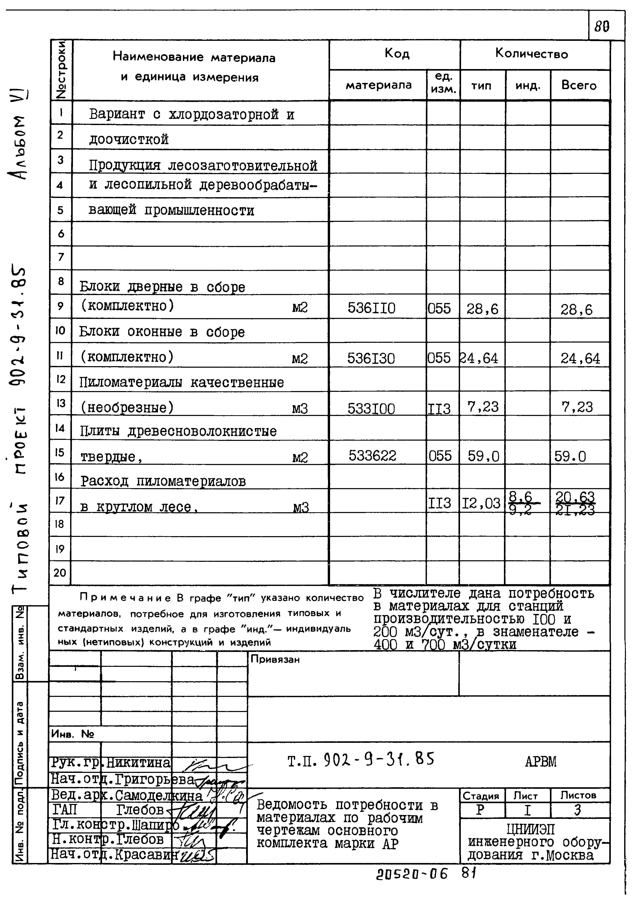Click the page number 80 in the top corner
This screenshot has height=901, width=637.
coord(602,27)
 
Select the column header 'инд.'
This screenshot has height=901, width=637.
coord(528,86)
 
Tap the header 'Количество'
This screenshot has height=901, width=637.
coord(531,53)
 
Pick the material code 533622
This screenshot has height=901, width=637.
coord(372,456)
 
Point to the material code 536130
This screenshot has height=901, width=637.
coord(371,358)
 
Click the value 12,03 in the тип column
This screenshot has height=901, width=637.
coord(481,503)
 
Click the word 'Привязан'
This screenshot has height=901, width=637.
coord(275,660)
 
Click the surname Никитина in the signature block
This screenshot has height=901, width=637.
coord(138,763)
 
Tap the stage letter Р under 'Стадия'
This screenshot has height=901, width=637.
coord(480,810)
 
